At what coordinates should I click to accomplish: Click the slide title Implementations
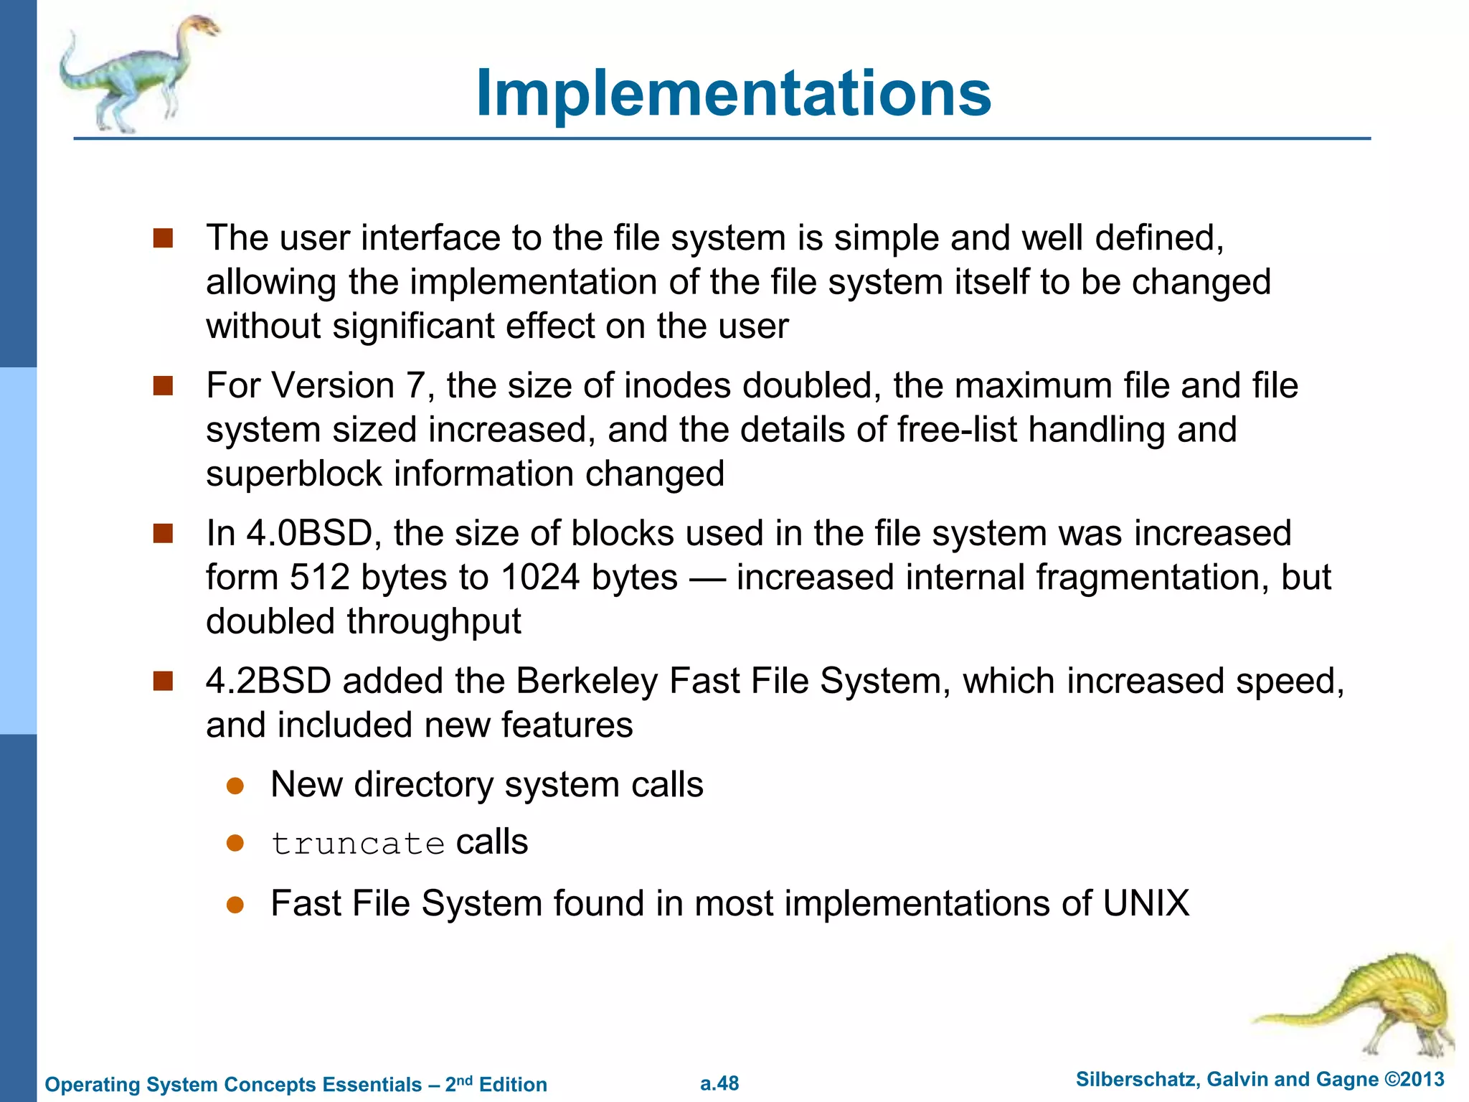(733, 93)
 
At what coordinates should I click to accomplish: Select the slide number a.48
(719, 1083)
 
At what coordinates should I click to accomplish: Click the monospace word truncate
(358, 844)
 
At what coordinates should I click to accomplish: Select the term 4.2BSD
(269, 681)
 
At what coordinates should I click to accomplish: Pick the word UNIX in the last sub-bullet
(1146, 903)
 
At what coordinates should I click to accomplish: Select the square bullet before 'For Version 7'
(164, 386)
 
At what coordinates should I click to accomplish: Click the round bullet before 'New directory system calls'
(235, 786)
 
